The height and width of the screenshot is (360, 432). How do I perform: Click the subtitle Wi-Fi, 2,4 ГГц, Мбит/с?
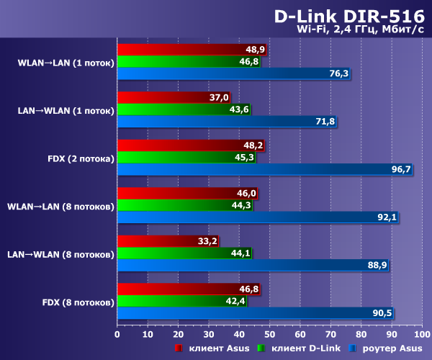(x=359, y=30)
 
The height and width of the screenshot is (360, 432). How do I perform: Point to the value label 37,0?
(x=219, y=97)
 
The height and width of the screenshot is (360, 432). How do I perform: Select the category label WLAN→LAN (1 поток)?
(x=65, y=62)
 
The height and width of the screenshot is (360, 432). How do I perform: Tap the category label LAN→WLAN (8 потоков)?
(x=60, y=254)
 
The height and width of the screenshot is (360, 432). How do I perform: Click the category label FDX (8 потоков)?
(x=78, y=302)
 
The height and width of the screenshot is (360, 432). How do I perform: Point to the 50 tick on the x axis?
(x=269, y=334)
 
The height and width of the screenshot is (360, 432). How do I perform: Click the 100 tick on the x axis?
(x=420, y=334)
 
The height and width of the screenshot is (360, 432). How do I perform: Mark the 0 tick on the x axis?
(x=117, y=334)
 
